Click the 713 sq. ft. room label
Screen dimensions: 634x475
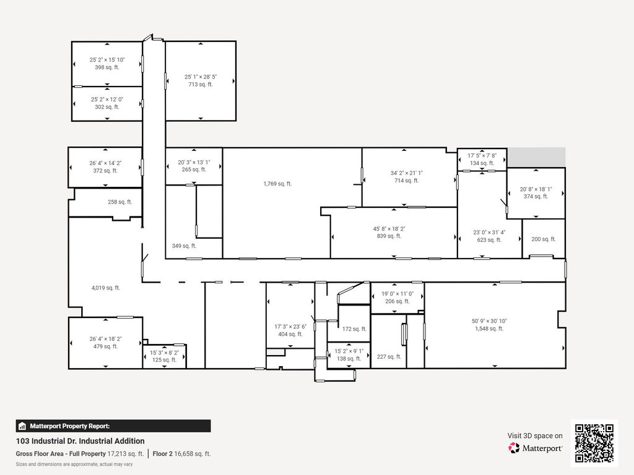tap(201, 84)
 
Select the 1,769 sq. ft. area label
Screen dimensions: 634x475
tap(277, 184)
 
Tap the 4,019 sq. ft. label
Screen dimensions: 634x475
tap(105, 288)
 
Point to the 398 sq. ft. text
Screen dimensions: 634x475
tap(107, 67)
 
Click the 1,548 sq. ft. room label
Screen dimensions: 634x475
tap(489, 329)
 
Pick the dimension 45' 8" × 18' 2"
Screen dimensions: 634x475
tap(389, 229)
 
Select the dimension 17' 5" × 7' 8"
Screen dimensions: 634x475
tap(482, 155)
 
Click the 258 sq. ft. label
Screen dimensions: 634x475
tap(119, 202)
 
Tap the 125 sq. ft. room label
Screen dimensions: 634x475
tap(164, 360)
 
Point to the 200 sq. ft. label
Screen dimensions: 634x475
tap(544, 239)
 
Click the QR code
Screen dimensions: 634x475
tap(594, 443)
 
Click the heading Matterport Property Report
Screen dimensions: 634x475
tap(69, 426)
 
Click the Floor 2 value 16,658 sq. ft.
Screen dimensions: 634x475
tap(193, 453)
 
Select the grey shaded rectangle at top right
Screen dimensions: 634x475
tap(536, 156)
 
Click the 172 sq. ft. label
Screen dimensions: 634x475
tap(354, 329)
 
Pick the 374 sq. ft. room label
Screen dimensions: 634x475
tap(536, 196)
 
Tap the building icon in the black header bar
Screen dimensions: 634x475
tap(22, 426)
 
